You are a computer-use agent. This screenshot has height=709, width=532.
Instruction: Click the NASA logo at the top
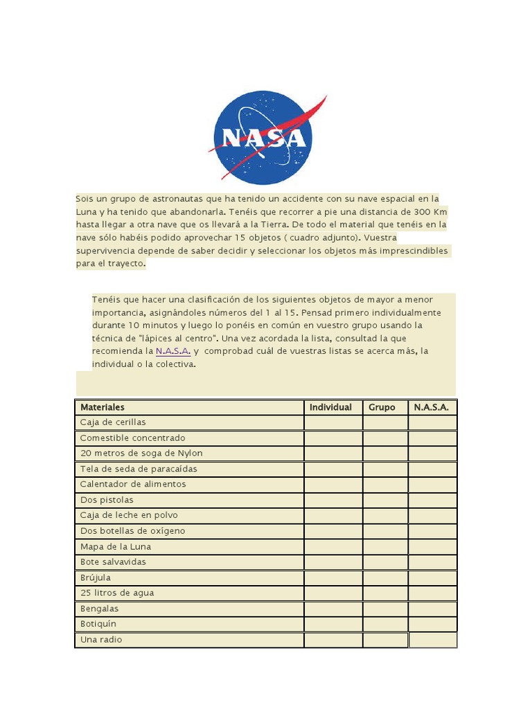[264, 138]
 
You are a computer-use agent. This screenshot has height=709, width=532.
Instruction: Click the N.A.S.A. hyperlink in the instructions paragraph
[173, 351]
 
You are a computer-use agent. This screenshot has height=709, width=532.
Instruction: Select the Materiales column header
[103, 407]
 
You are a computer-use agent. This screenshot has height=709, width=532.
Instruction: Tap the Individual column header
[330, 407]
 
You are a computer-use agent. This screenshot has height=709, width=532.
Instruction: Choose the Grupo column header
[382, 407]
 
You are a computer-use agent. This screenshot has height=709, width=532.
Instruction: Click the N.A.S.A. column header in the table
[432, 407]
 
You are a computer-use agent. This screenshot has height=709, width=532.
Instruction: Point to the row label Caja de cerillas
[113, 422]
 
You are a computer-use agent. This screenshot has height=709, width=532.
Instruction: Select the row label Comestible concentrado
[132, 438]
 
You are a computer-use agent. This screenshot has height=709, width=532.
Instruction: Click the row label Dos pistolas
[107, 500]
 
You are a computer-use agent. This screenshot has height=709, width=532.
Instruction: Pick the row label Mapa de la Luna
[115, 546]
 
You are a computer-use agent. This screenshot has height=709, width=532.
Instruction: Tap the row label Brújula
[96, 577]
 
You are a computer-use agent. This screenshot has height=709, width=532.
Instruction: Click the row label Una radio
[101, 640]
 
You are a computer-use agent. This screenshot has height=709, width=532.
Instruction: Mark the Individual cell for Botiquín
[332, 624]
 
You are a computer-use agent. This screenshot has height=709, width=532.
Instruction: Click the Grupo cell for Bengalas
[385, 609]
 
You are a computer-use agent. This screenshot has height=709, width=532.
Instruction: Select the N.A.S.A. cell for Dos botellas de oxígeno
[432, 531]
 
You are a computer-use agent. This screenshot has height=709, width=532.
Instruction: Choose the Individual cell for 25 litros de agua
[332, 593]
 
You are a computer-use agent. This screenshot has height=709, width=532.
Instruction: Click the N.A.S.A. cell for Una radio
[432, 640]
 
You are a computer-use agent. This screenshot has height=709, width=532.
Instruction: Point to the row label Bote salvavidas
[113, 562]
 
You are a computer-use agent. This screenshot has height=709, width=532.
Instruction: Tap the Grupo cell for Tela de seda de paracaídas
[385, 469]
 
